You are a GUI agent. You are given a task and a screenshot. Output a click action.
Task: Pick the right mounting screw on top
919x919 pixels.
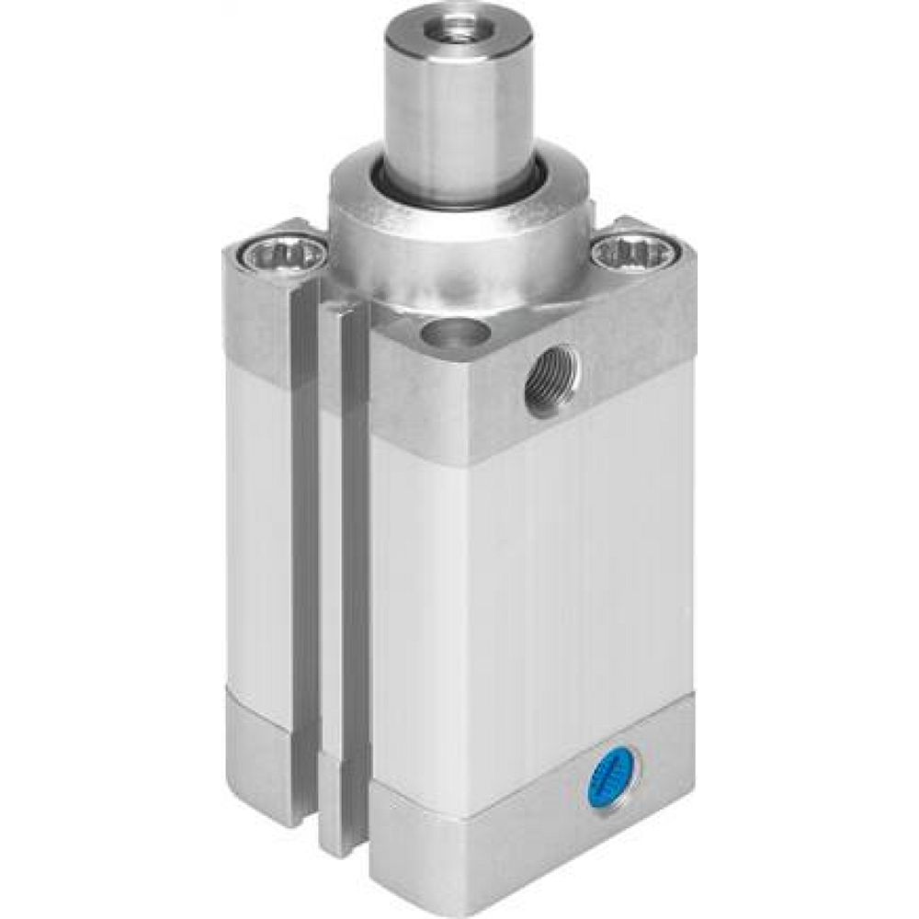pos(633,251)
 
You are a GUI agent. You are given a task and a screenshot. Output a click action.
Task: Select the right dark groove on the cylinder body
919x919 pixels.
pos(355,570)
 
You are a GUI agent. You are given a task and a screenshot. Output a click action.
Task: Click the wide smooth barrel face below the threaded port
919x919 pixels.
pos(533,588)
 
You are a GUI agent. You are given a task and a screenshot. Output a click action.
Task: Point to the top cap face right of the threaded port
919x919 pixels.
pos(634,349)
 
